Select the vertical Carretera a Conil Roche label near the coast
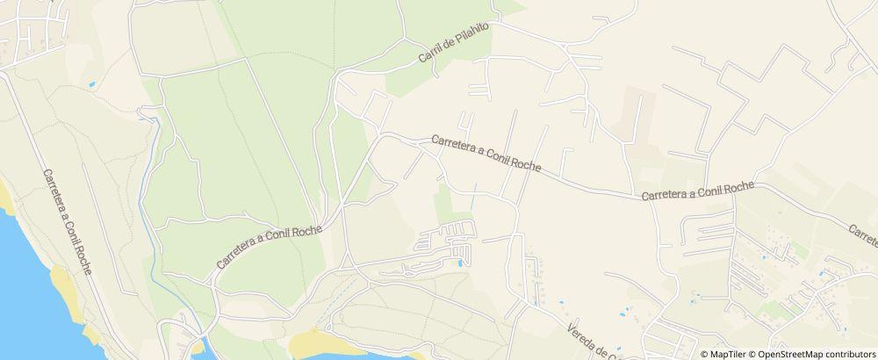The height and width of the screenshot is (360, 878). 67,220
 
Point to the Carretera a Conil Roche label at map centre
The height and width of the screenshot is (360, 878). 486,153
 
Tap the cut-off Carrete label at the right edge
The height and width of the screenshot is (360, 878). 863,234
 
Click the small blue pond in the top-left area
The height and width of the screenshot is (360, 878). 91,85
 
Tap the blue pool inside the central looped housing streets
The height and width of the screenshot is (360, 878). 459,262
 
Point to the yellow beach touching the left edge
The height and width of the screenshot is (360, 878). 7,197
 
